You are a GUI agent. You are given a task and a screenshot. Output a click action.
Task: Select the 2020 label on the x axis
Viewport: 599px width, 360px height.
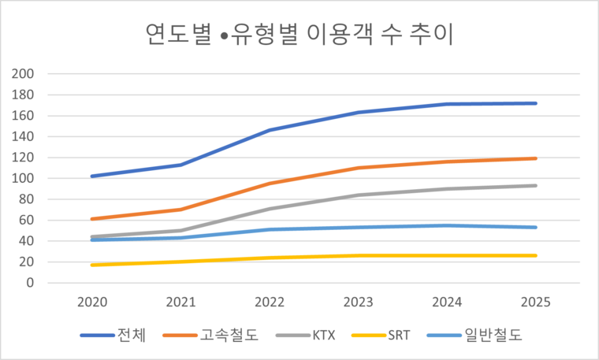click(x=92, y=302)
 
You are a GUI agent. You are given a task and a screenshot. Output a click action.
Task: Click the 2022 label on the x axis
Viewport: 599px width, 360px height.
click(x=270, y=302)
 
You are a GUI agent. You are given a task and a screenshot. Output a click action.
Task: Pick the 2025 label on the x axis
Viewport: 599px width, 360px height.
click(x=536, y=302)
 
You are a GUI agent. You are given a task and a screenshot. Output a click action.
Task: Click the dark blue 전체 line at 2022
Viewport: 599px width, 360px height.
click(x=270, y=130)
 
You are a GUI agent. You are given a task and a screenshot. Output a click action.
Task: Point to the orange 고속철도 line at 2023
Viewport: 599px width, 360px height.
click(x=359, y=168)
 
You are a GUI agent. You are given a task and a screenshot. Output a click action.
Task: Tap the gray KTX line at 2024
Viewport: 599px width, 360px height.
click(x=448, y=189)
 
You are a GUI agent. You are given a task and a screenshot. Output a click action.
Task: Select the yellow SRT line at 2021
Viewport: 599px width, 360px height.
click(x=181, y=262)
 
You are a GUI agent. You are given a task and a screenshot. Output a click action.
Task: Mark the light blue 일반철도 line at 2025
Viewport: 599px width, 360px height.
click(x=536, y=228)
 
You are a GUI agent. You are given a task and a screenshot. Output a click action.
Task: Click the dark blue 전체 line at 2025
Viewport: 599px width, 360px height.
click(x=536, y=103)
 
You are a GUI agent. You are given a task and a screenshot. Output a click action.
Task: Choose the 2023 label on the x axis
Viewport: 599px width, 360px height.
click(x=359, y=302)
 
